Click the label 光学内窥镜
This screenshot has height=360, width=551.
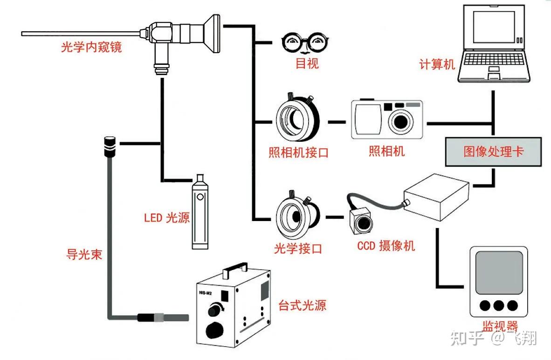tap(91, 47)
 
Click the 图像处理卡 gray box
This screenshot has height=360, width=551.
tap(493, 152)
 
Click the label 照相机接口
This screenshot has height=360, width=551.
tap(298, 152)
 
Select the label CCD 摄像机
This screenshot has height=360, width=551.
tap(386, 245)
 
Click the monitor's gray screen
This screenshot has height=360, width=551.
tap(499, 273)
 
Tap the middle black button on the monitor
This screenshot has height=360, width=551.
tap(499, 305)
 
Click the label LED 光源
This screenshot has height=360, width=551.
tap(166, 217)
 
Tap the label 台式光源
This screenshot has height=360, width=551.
tap(302, 305)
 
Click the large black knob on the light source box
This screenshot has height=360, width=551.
tap(214, 330)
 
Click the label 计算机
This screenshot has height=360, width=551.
tap(437, 64)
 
